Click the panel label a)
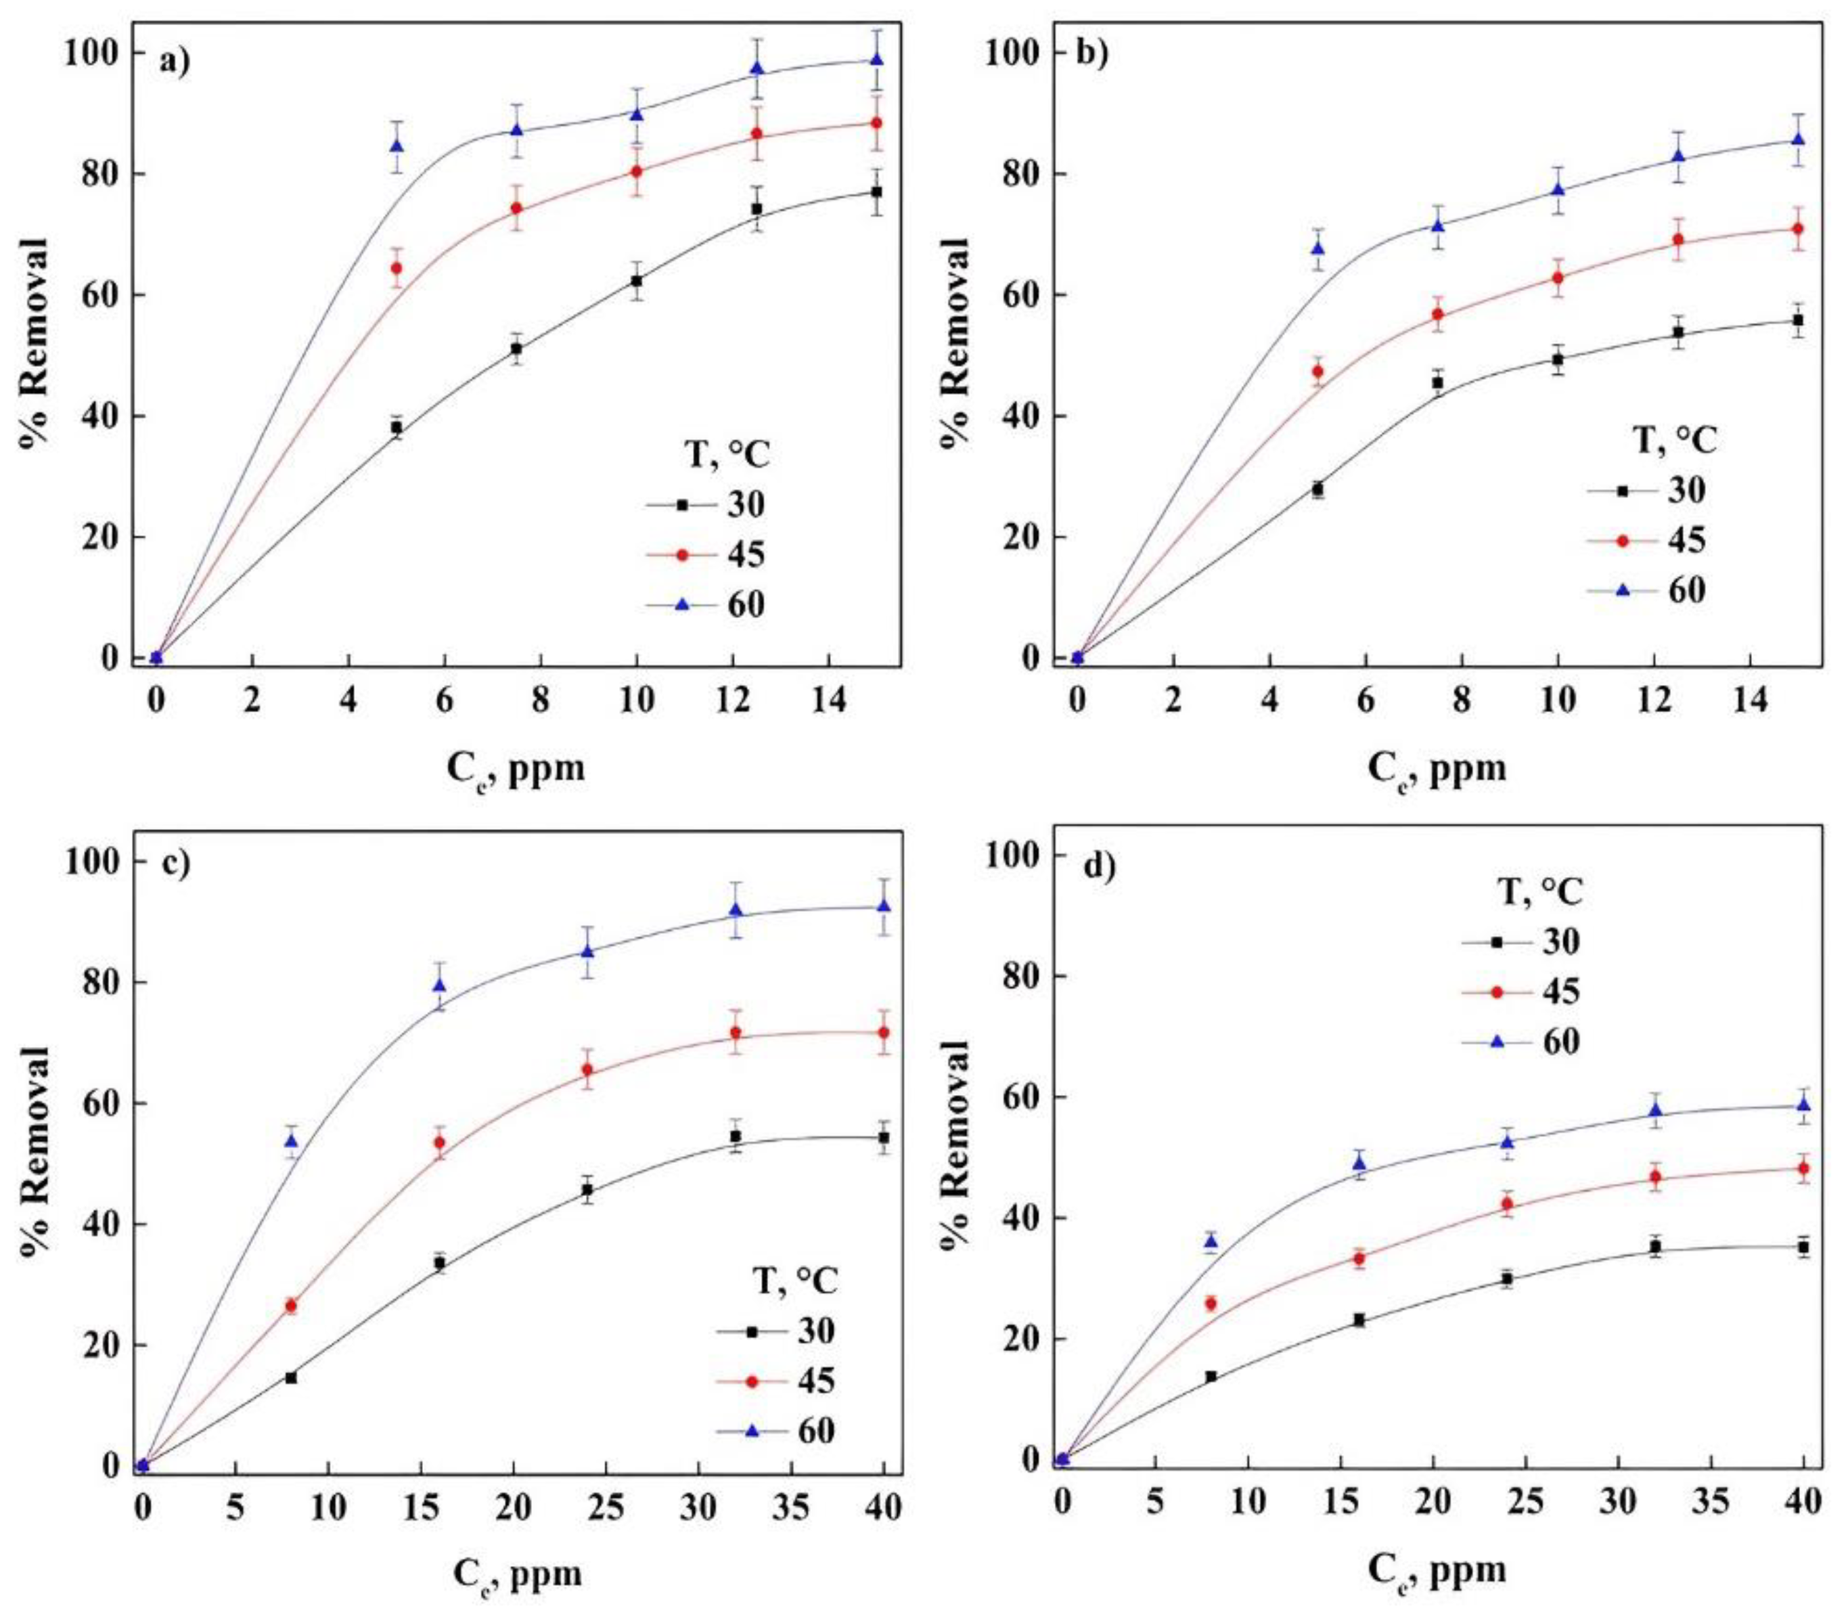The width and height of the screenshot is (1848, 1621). point(175,62)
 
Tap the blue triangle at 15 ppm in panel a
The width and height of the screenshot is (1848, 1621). point(876,60)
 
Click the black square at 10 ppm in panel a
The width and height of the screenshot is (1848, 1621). point(637,281)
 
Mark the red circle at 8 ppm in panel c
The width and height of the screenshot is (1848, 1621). point(291,1306)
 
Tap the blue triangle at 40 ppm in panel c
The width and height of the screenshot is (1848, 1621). point(883,906)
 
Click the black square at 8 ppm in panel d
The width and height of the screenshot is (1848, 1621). point(1211,1376)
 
